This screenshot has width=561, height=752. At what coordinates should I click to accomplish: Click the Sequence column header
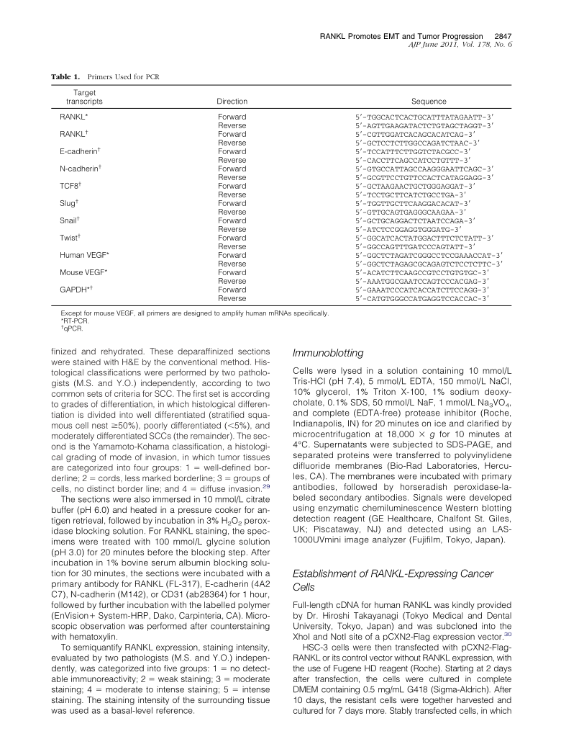click(x=429, y=102)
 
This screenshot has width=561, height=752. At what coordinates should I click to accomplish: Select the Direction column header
click(x=232, y=102)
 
